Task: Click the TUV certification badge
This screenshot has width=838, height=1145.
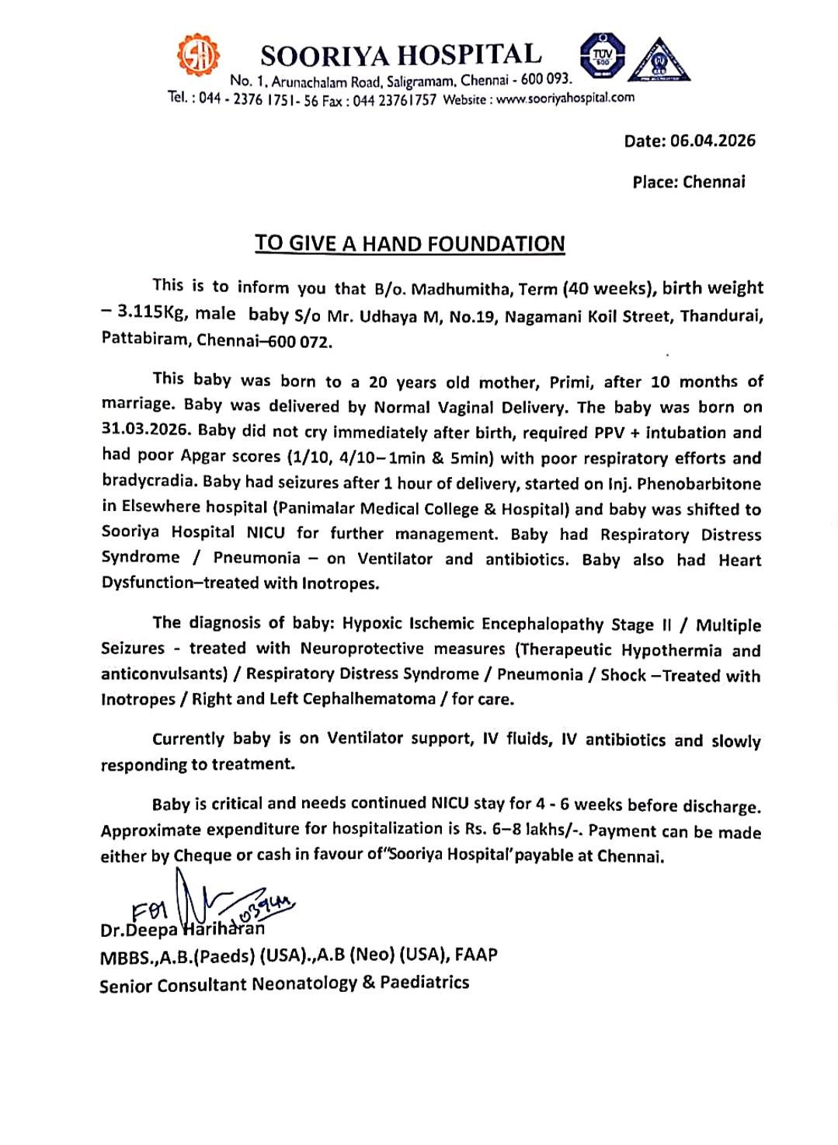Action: tap(602, 55)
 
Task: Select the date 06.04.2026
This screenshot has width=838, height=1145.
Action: tap(712, 141)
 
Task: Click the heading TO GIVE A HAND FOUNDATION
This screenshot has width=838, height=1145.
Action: tap(410, 244)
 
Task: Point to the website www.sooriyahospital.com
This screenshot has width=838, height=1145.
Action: tap(565, 98)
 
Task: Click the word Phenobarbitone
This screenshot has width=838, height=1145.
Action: tap(699, 484)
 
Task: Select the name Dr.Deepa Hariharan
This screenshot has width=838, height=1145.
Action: tap(183, 929)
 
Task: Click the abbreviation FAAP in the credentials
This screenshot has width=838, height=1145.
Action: tap(476, 955)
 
